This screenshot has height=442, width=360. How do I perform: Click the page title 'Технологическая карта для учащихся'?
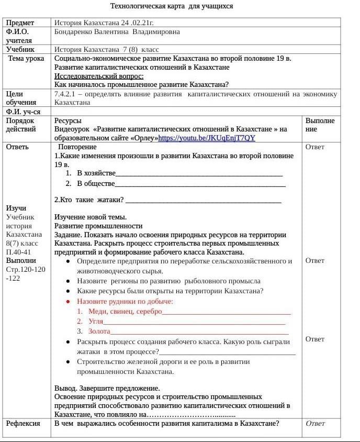coord(172,6)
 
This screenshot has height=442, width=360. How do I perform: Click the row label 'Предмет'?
coord(20,23)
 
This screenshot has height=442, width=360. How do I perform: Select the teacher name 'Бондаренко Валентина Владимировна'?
coord(117,31)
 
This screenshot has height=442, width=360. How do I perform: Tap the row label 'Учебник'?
coord(20,49)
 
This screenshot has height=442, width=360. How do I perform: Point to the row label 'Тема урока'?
coord(26,58)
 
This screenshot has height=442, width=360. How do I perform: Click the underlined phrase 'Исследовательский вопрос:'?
coord(99,76)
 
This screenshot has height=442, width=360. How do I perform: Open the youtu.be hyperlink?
coord(207,138)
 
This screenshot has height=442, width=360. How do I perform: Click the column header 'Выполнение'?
coord(320,125)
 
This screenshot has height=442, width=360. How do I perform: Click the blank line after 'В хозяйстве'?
coord(199,173)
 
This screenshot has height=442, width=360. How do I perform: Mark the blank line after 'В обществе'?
coord(200,184)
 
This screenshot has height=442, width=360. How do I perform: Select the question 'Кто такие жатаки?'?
coord(89,200)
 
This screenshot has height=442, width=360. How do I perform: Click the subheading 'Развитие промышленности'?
coord(98,226)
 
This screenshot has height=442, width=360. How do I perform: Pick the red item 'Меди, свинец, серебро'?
coord(125,311)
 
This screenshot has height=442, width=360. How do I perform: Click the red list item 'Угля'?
coord(96,321)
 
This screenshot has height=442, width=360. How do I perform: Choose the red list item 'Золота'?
coord(99,331)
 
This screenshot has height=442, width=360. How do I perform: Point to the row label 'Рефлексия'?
coord(23,423)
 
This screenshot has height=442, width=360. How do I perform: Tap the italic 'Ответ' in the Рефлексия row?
coord(315,423)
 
